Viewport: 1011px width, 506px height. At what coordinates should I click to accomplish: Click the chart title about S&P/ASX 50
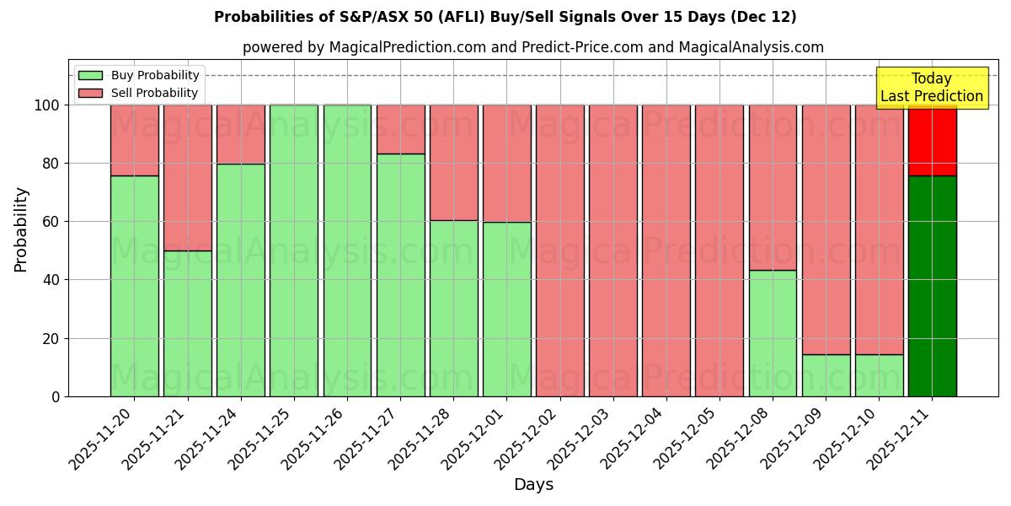coord(505,17)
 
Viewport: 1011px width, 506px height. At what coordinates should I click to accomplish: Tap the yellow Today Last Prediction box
coord(931,88)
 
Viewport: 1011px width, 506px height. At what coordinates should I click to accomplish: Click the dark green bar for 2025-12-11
coord(932,286)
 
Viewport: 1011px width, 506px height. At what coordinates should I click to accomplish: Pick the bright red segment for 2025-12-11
coord(932,140)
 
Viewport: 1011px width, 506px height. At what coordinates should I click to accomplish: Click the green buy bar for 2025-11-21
coord(187,323)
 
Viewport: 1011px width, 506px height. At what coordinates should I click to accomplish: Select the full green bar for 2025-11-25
coord(294,250)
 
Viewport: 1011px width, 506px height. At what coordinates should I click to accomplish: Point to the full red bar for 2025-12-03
coord(613,250)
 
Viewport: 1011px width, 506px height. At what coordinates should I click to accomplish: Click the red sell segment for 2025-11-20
coord(134,140)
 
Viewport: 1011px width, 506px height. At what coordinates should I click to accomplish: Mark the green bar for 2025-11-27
coord(400,275)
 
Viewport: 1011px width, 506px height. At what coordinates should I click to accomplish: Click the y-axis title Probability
coord(21,229)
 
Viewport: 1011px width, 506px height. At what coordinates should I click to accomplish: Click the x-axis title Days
coord(533,485)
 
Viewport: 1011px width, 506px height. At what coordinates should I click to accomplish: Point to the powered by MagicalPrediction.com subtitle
coord(533,47)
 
